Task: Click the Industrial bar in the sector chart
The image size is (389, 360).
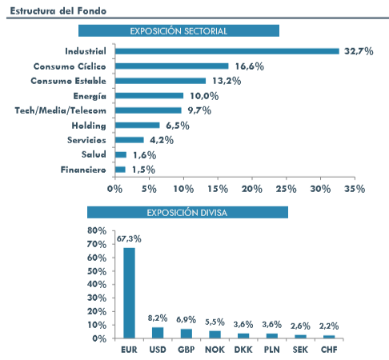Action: [x=227, y=51]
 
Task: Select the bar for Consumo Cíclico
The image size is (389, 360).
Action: [x=172, y=66]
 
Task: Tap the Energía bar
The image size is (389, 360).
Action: [x=149, y=96]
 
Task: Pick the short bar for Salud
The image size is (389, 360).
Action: [x=121, y=154]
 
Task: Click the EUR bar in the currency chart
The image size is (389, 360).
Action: [x=129, y=293]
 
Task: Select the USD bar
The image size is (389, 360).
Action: [x=158, y=333]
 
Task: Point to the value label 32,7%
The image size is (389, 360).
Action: [x=359, y=51]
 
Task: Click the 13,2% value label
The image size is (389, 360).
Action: [x=227, y=81]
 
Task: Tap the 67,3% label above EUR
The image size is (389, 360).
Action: [x=129, y=239]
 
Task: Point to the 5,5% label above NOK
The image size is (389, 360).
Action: [x=215, y=322]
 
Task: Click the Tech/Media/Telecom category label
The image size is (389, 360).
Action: [x=61, y=110]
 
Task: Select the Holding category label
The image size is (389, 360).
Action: [x=89, y=126]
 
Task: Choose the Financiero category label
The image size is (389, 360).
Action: [x=83, y=170]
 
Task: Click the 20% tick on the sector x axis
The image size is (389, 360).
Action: [x=252, y=189]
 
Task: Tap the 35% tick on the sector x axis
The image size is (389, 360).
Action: [x=355, y=189]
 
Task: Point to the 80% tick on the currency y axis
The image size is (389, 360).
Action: [x=97, y=230]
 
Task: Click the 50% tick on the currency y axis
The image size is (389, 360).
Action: [x=97, y=271]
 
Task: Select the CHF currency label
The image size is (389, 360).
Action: [x=329, y=350]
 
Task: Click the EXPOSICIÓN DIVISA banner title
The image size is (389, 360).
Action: [x=187, y=213]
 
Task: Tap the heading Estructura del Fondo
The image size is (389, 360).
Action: [x=58, y=11]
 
